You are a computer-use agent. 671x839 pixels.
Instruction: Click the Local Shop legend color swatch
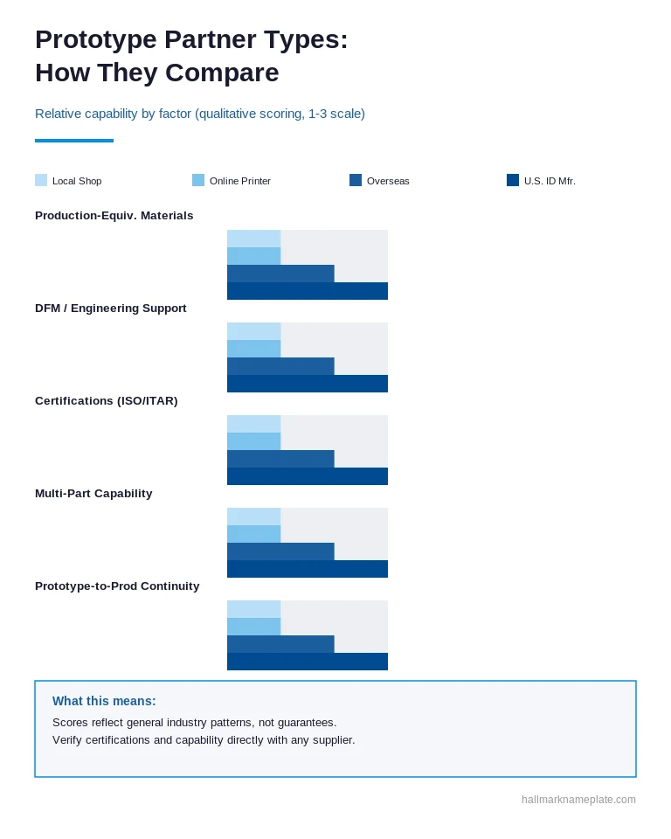tap(41, 180)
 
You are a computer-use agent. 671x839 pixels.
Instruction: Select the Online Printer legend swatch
tap(198, 180)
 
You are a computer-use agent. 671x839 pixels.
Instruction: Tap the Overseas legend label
tap(388, 181)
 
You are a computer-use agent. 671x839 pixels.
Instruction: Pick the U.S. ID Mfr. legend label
tap(550, 181)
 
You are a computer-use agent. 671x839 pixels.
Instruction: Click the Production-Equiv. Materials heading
tap(114, 216)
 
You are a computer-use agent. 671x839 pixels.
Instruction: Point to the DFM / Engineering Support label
tap(111, 309)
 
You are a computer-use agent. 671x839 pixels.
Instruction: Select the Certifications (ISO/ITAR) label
tap(107, 401)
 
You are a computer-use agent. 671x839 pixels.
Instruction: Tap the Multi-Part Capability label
tap(93, 493)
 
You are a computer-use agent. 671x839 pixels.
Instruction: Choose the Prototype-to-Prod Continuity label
tap(117, 586)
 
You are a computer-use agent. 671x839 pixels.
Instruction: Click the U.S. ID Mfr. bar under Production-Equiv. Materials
tap(308, 291)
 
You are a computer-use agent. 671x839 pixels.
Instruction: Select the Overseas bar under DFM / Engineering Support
tap(281, 366)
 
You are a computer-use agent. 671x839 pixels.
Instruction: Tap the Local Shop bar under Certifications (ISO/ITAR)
tap(254, 425)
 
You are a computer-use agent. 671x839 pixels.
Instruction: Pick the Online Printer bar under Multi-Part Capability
tap(254, 534)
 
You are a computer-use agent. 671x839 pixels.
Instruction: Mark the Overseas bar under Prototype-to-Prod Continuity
tap(281, 644)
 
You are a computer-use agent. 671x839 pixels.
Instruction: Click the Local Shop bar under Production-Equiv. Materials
tap(254, 239)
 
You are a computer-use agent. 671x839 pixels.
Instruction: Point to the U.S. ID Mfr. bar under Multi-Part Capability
tap(308, 569)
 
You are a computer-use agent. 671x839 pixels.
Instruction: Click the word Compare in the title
tap(222, 73)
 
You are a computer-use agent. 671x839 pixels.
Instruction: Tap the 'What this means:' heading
tap(104, 701)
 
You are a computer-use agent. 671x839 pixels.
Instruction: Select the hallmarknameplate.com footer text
tap(579, 800)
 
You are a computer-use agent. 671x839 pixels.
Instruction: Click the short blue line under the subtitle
tap(74, 141)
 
